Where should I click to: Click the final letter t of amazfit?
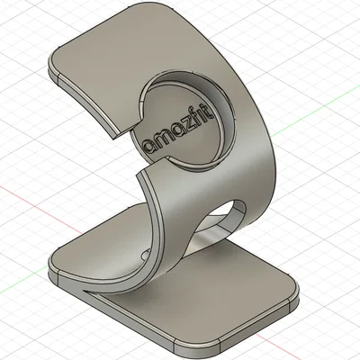[211, 112]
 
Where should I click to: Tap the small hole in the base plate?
[146, 255]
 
